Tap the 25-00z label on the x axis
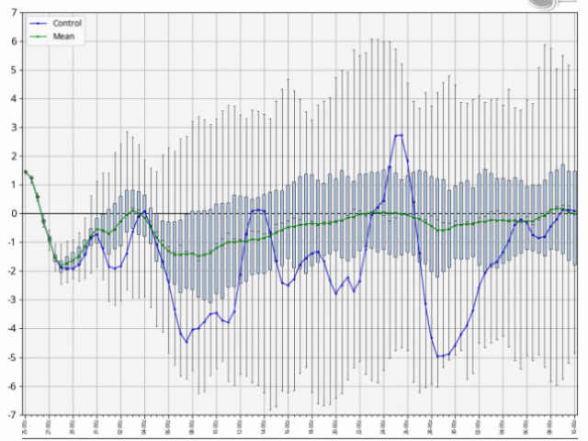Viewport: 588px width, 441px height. pos(25,427)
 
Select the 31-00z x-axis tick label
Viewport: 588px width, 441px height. pos(96,427)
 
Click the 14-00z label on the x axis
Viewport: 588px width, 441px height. pos(264,427)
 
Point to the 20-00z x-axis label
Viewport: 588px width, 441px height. pos(335,427)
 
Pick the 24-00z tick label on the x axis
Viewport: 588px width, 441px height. pos(383,427)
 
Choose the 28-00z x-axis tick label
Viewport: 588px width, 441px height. pos(431,427)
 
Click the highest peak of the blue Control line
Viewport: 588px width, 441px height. pos(400,135)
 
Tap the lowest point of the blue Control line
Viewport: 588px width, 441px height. pos(439,356)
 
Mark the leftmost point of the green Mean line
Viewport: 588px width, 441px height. pos(26,171)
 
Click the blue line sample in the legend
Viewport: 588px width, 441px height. pos(38,23)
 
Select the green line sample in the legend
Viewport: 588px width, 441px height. pos(38,37)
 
